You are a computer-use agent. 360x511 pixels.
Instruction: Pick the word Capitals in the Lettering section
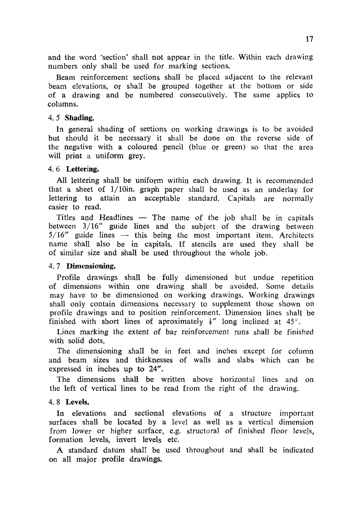(x=242, y=199)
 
